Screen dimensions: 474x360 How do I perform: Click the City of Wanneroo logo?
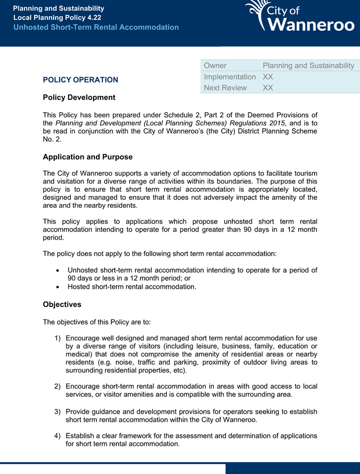pyautogui.click(x=300, y=16)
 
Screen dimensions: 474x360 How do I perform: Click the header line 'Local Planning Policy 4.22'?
pyautogui.click(x=57, y=17)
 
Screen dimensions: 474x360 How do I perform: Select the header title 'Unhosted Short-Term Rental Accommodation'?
pyautogui.click(x=96, y=27)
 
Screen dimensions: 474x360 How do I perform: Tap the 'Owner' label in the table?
pyautogui.click(x=215, y=65)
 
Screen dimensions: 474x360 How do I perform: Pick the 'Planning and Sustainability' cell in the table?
pyautogui.click(x=308, y=65)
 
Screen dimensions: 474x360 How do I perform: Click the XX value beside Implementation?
pyautogui.click(x=268, y=77)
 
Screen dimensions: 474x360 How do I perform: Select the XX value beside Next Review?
pyautogui.click(x=268, y=88)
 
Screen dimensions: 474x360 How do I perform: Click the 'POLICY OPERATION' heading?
pyautogui.click(x=80, y=80)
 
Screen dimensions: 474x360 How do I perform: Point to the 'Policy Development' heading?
pyautogui.click(x=79, y=97)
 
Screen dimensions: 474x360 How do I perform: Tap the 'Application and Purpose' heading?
pyautogui.click(x=88, y=157)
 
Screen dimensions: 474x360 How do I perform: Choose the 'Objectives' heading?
pyautogui.click(x=62, y=305)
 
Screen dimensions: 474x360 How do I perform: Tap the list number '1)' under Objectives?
pyautogui.click(x=58, y=338)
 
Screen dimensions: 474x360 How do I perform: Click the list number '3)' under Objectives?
pyautogui.click(x=58, y=412)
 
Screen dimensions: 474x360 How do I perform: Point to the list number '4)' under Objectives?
pyautogui.click(x=58, y=436)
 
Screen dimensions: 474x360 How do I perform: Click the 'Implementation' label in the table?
pyautogui.click(x=230, y=77)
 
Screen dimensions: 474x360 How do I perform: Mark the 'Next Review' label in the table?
pyautogui.click(x=225, y=88)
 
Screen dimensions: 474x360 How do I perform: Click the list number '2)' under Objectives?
pyautogui.click(x=58, y=387)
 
